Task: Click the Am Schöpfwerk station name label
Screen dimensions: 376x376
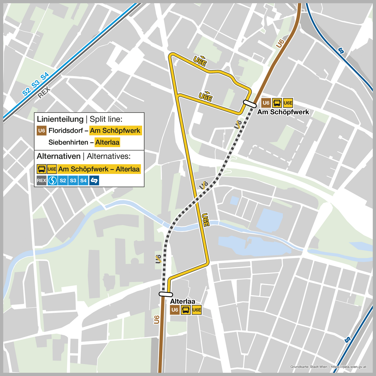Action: (x=283, y=112)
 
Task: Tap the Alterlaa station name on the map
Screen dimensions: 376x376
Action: (x=182, y=301)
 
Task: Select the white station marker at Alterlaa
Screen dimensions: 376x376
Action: (x=166, y=294)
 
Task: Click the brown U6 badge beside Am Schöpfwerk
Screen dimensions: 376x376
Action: (x=266, y=103)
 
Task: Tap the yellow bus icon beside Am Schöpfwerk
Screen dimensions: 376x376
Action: (x=277, y=103)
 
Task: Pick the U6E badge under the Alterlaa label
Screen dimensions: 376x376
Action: (x=197, y=310)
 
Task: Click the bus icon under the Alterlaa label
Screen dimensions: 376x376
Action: (x=186, y=310)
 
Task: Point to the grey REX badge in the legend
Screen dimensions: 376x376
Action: (x=42, y=180)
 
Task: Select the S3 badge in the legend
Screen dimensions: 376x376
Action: (x=73, y=180)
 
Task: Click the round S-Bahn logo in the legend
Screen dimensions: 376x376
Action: (x=52, y=180)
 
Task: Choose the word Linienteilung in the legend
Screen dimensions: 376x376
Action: (x=60, y=119)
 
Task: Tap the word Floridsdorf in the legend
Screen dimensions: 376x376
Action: (x=66, y=131)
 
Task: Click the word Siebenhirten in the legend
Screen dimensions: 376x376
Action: (x=68, y=142)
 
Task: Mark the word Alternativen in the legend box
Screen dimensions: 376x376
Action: (x=59, y=156)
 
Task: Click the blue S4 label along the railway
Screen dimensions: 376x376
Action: (x=45, y=76)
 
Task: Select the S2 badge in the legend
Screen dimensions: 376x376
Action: (x=63, y=180)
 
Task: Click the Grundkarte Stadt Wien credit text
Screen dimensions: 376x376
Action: (x=328, y=367)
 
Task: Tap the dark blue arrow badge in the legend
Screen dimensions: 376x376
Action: (x=94, y=180)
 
